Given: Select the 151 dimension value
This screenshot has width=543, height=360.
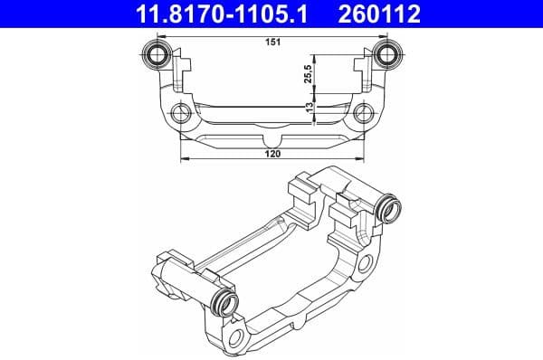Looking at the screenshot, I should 271,40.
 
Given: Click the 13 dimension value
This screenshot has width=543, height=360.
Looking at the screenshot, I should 310,108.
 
